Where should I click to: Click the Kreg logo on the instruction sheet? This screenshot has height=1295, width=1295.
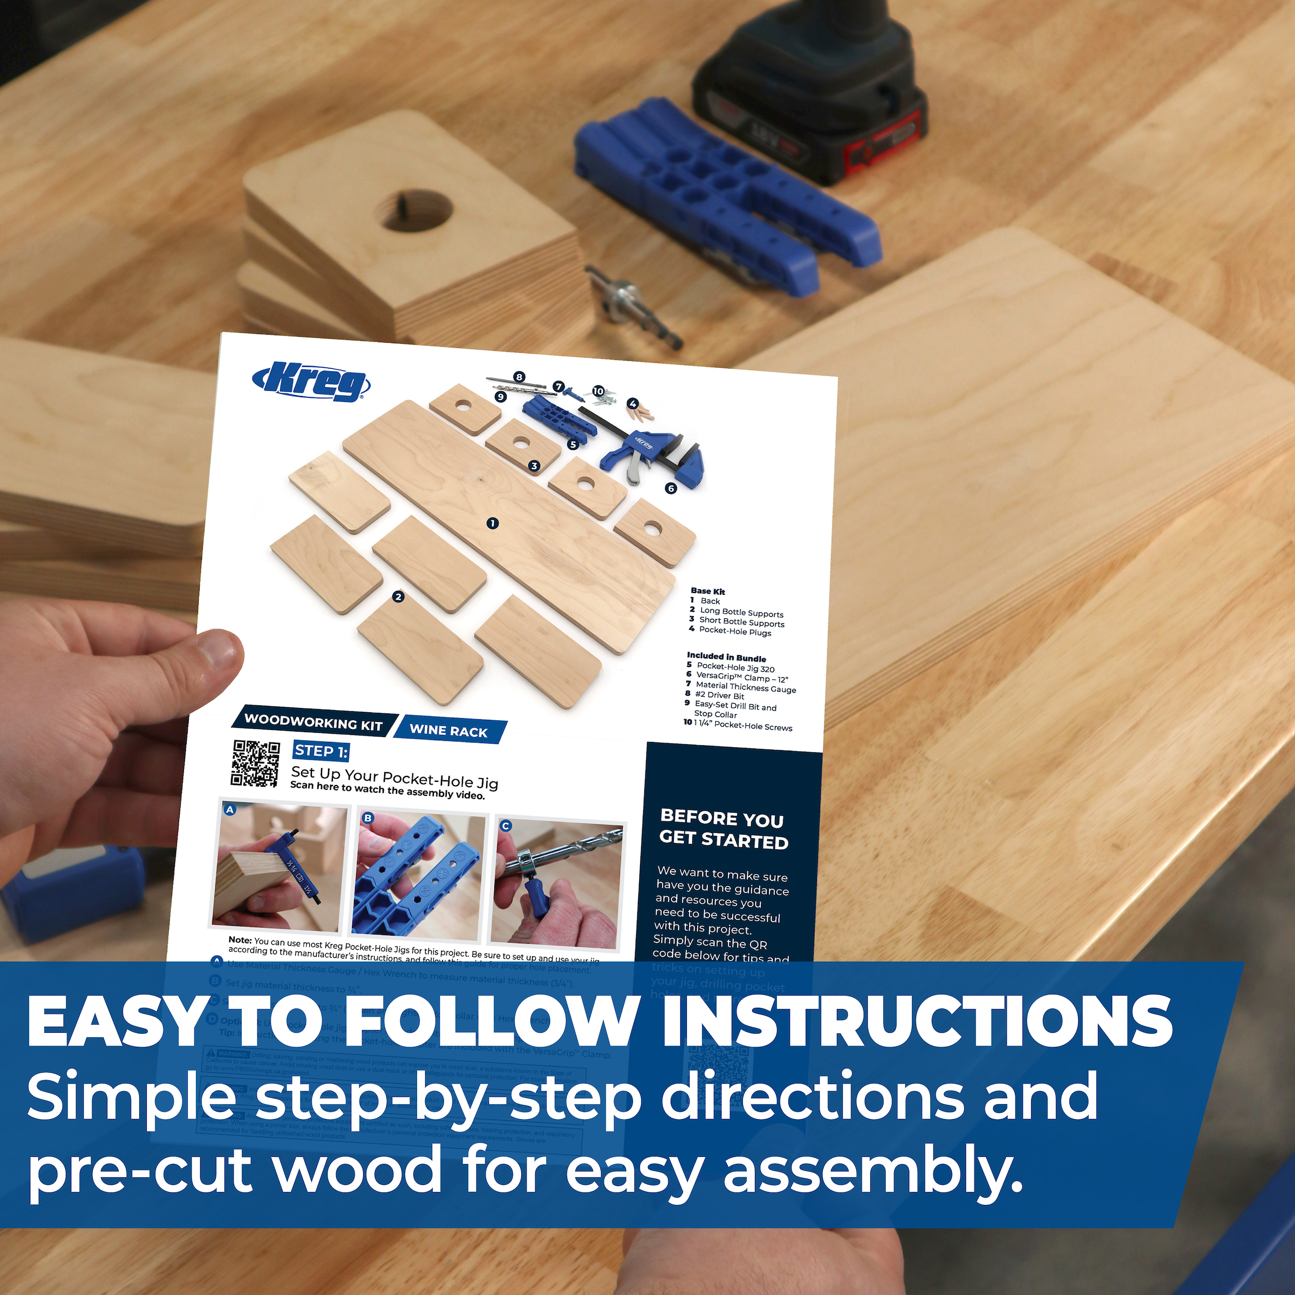[312, 382]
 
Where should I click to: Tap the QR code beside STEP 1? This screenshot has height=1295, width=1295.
[255, 763]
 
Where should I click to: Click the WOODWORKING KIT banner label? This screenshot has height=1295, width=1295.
[313, 723]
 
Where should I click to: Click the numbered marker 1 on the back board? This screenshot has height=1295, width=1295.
[493, 523]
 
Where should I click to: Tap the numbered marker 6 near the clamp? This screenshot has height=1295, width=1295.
[671, 489]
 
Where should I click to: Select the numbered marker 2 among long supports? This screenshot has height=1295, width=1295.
[399, 597]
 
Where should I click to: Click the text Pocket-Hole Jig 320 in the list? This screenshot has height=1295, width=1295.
[735, 669]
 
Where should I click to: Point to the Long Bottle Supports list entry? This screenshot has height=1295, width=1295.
[741, 612]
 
